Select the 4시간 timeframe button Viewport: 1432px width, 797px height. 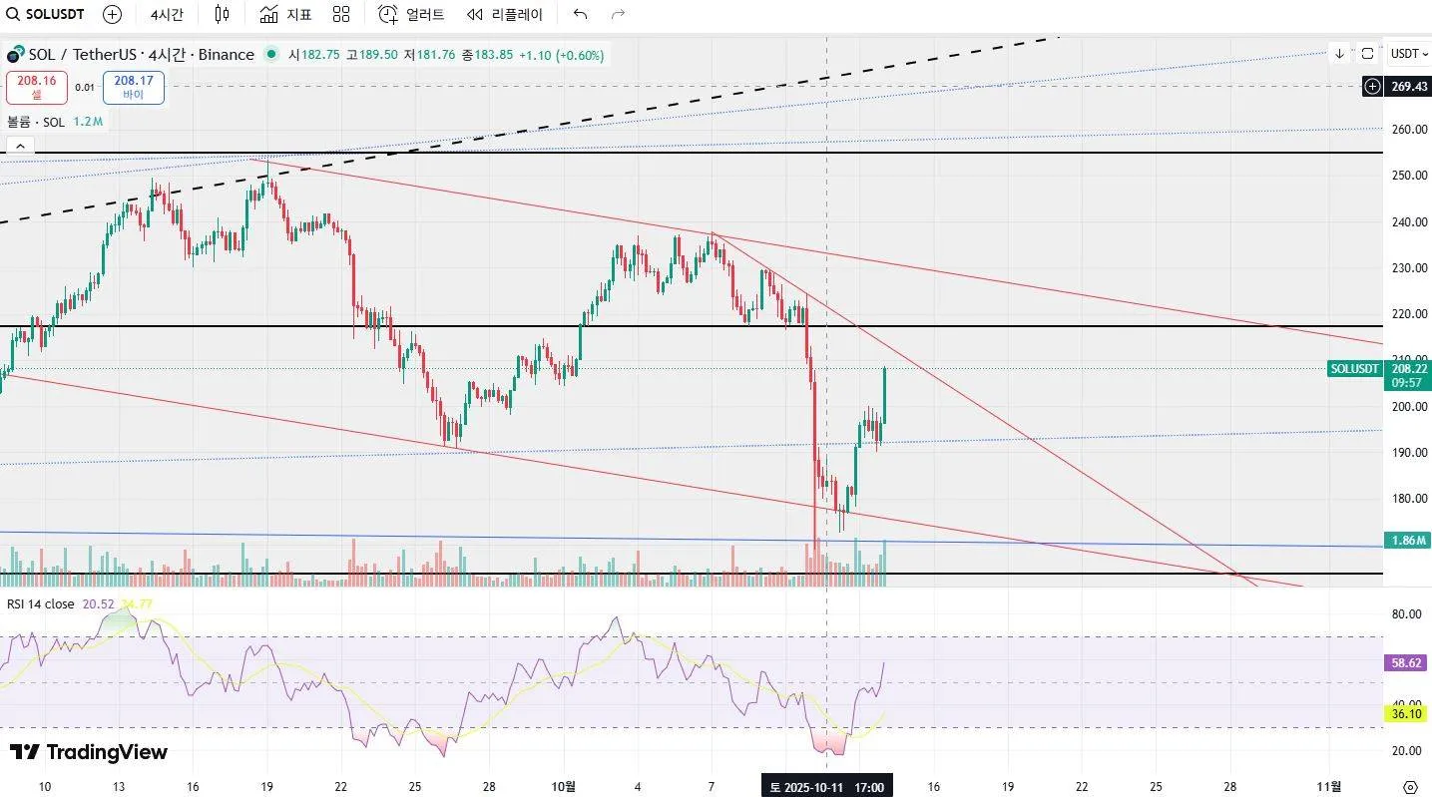tap(167, 14)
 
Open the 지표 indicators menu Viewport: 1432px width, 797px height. tap(286, 14)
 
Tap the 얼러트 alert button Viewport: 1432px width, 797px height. tap(412, 14)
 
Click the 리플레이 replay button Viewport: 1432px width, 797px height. tap(505, 14)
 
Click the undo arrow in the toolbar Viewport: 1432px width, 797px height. tap(580, 14)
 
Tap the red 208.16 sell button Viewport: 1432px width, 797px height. tap(36, 87)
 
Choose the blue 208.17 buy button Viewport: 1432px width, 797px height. tap(133, 87)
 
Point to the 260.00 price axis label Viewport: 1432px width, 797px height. tap(1408, 130)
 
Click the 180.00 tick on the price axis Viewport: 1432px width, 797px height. tap(1408, 499)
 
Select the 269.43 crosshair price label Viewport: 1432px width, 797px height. tap(1408, 87)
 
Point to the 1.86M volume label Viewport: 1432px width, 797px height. tap(1408, 541)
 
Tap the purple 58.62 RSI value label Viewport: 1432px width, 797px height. tap(1408, 662)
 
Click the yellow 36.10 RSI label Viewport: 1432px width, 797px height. tap(1408, 713)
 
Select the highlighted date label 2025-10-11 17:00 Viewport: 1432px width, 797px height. tap(827, 787)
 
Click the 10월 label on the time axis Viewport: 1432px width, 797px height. tap(564, 787)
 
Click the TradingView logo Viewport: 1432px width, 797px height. tap(89, 752)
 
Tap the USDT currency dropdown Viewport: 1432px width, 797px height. tap(1408, 54)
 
